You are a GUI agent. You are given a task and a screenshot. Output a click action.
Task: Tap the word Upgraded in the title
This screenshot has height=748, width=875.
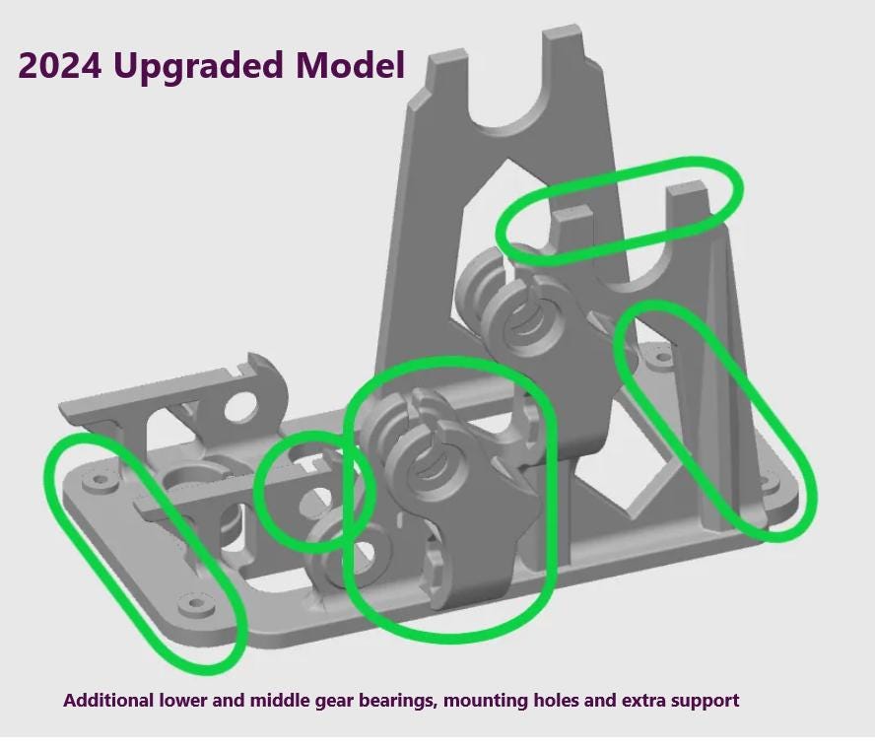pos(197,65)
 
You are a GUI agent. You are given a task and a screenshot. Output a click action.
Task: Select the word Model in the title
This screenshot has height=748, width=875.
pos(349,65)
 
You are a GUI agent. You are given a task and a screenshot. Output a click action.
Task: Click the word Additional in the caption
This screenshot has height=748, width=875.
pos(108,701)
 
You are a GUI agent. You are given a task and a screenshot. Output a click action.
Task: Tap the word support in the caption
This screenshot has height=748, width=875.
pos(705,701)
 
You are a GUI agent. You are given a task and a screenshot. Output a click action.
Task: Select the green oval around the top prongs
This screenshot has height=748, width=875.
pos(619,209)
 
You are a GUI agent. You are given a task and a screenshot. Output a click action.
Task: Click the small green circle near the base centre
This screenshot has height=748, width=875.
pos(312,490)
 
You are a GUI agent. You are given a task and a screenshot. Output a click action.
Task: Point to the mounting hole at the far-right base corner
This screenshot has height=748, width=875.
pos(766,483)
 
